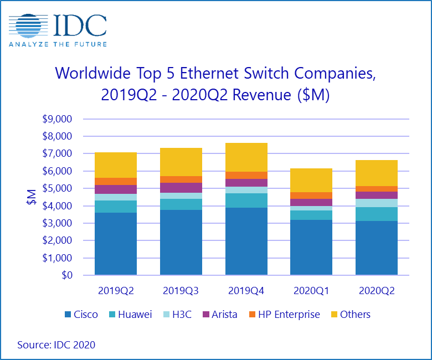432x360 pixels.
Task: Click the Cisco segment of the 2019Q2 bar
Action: pyautogui.click(x=116, y=244)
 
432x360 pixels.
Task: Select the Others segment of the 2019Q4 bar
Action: pyautogui.click(x=246, y=157)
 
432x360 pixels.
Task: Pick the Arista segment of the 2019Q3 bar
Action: pyautogui.click(x=181, y=187)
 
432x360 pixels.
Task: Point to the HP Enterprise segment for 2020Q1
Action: pyautogui.click(x=311, y=196)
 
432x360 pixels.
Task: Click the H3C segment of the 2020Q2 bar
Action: pyautogui.click(x=377, y=203)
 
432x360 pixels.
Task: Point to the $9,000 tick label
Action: pyautogui.click(x=58, y=119)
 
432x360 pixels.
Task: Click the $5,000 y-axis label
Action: pyautogui.click(x=58, y=188)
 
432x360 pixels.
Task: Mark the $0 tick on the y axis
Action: pyautogui.click(x=66, y=275)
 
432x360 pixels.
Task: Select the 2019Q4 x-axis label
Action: pyautogui.click(x=246, y=290)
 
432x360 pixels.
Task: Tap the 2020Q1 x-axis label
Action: pyautogui.click(x=311, y=290)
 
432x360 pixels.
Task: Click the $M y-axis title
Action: pyautogui.click(x=32, y=197)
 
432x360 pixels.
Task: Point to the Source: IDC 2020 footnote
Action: pyautogui.click(x=56, y=344)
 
